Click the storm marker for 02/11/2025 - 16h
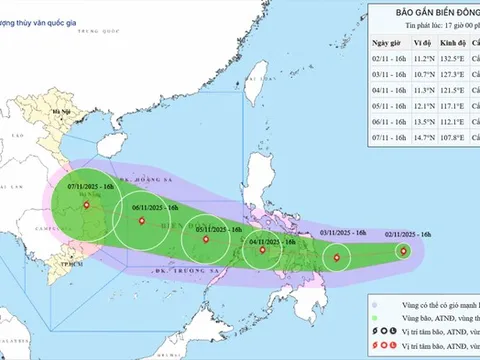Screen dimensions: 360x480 [403, 253]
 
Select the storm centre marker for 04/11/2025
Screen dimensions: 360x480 [262, 250]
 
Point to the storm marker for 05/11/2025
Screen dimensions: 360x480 [207, 239]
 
